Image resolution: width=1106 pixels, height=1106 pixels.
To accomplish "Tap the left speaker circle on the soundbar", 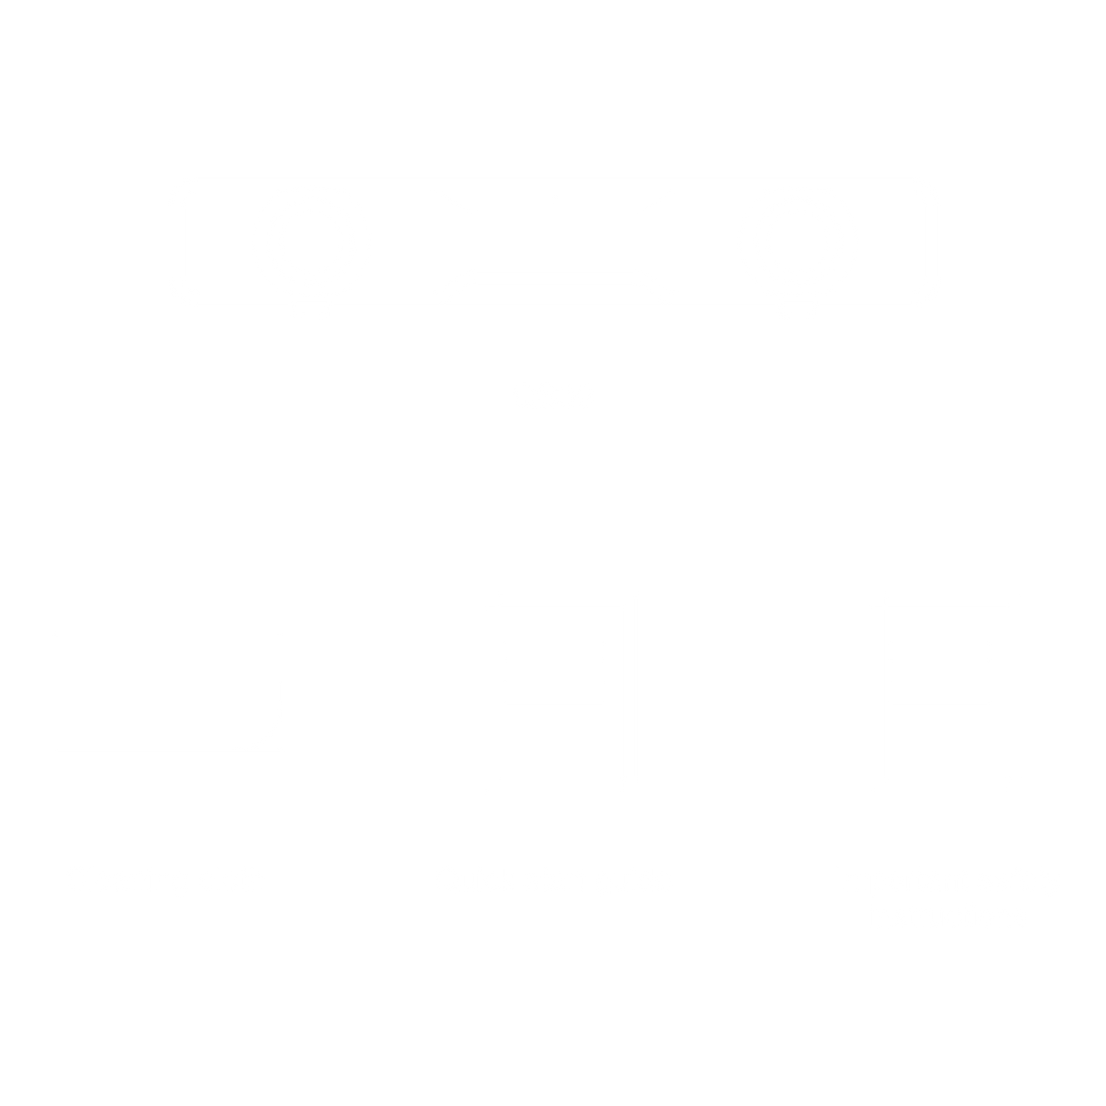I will click(x=311, y=241).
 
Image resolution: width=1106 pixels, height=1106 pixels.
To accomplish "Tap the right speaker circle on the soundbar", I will click(x=797, y=241).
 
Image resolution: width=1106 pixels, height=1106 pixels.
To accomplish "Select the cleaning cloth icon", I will click(x=168, y=692).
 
